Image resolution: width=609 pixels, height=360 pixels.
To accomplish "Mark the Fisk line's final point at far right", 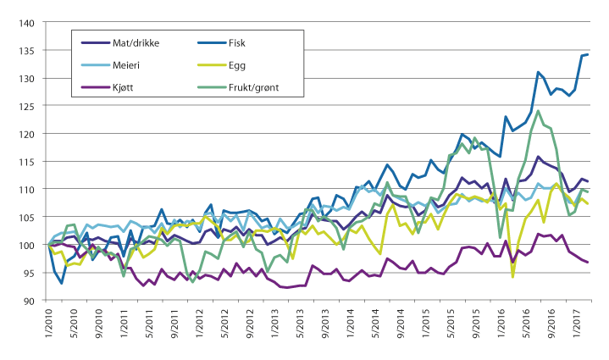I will pos(588,54).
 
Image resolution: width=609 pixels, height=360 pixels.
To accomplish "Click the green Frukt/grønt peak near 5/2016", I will pos(539,110).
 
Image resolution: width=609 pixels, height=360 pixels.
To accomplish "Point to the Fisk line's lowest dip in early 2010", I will pos(62,283).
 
